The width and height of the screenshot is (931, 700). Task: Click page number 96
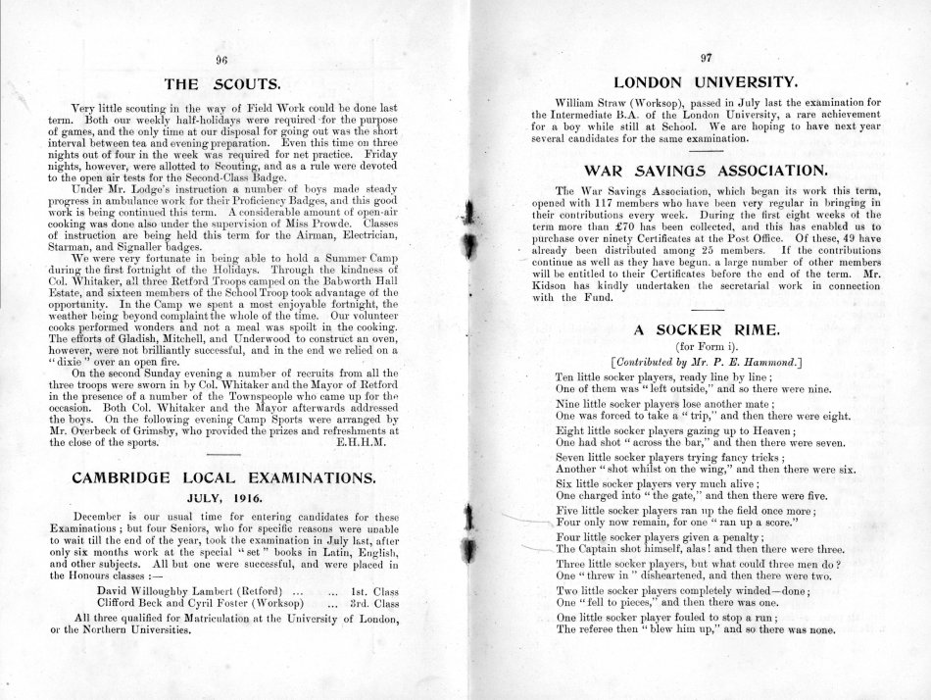click(x=222, y=59)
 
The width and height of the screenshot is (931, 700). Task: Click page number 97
click(x=707, y=58)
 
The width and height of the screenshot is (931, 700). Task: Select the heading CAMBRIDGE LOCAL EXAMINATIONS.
click(x=223, y=478)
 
